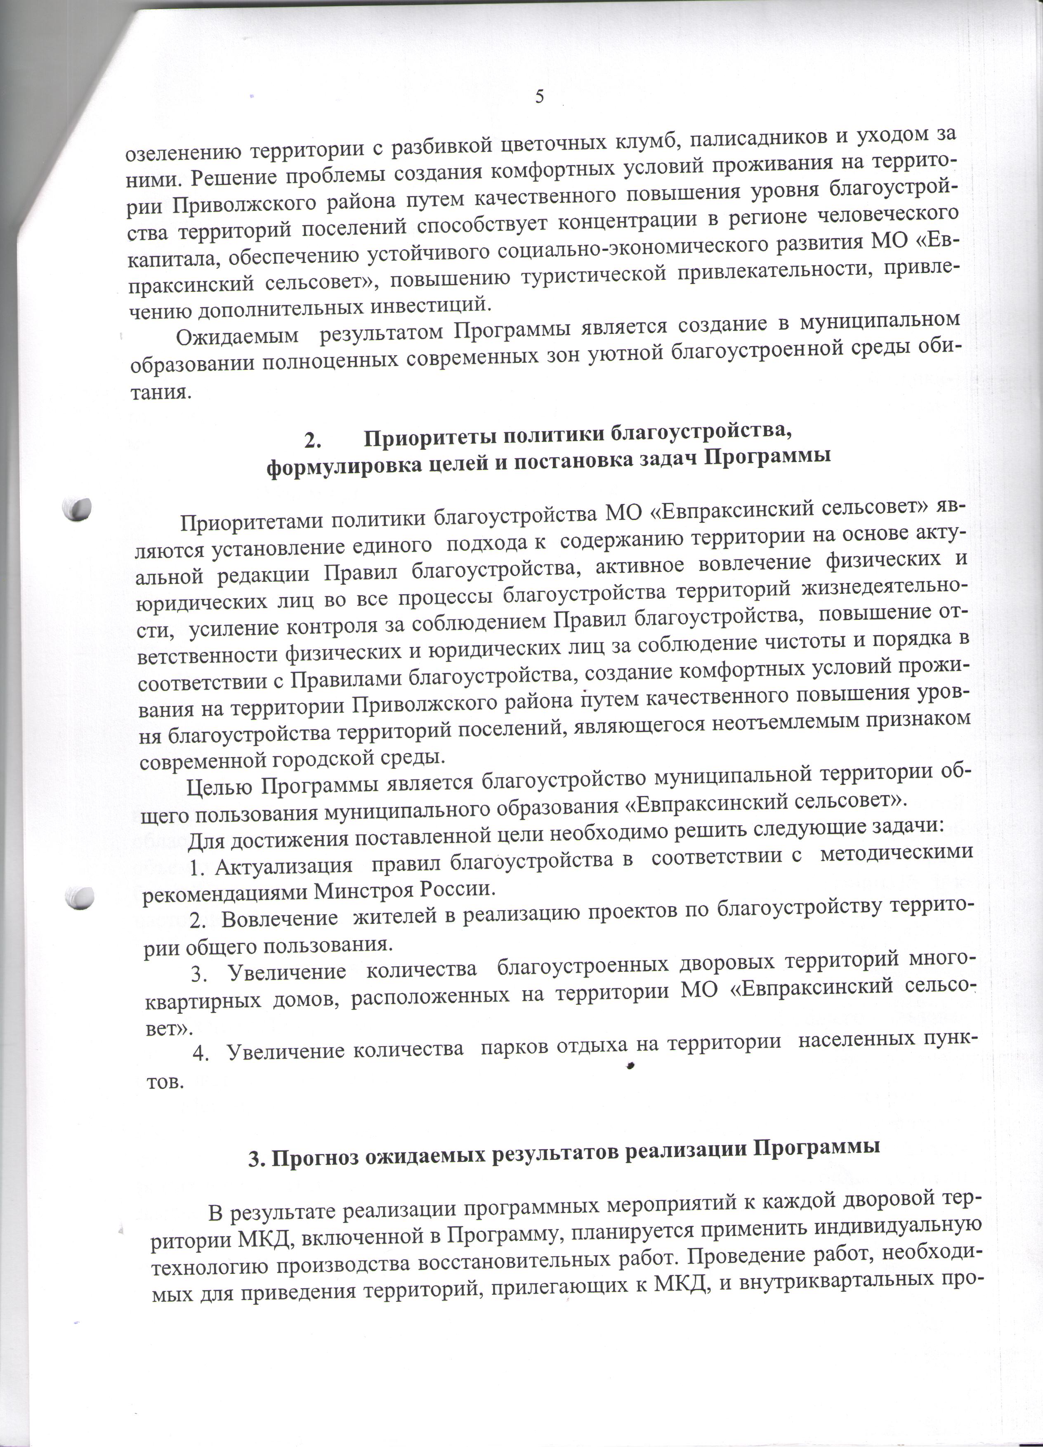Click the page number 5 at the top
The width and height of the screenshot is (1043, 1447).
tap(540, 97)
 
